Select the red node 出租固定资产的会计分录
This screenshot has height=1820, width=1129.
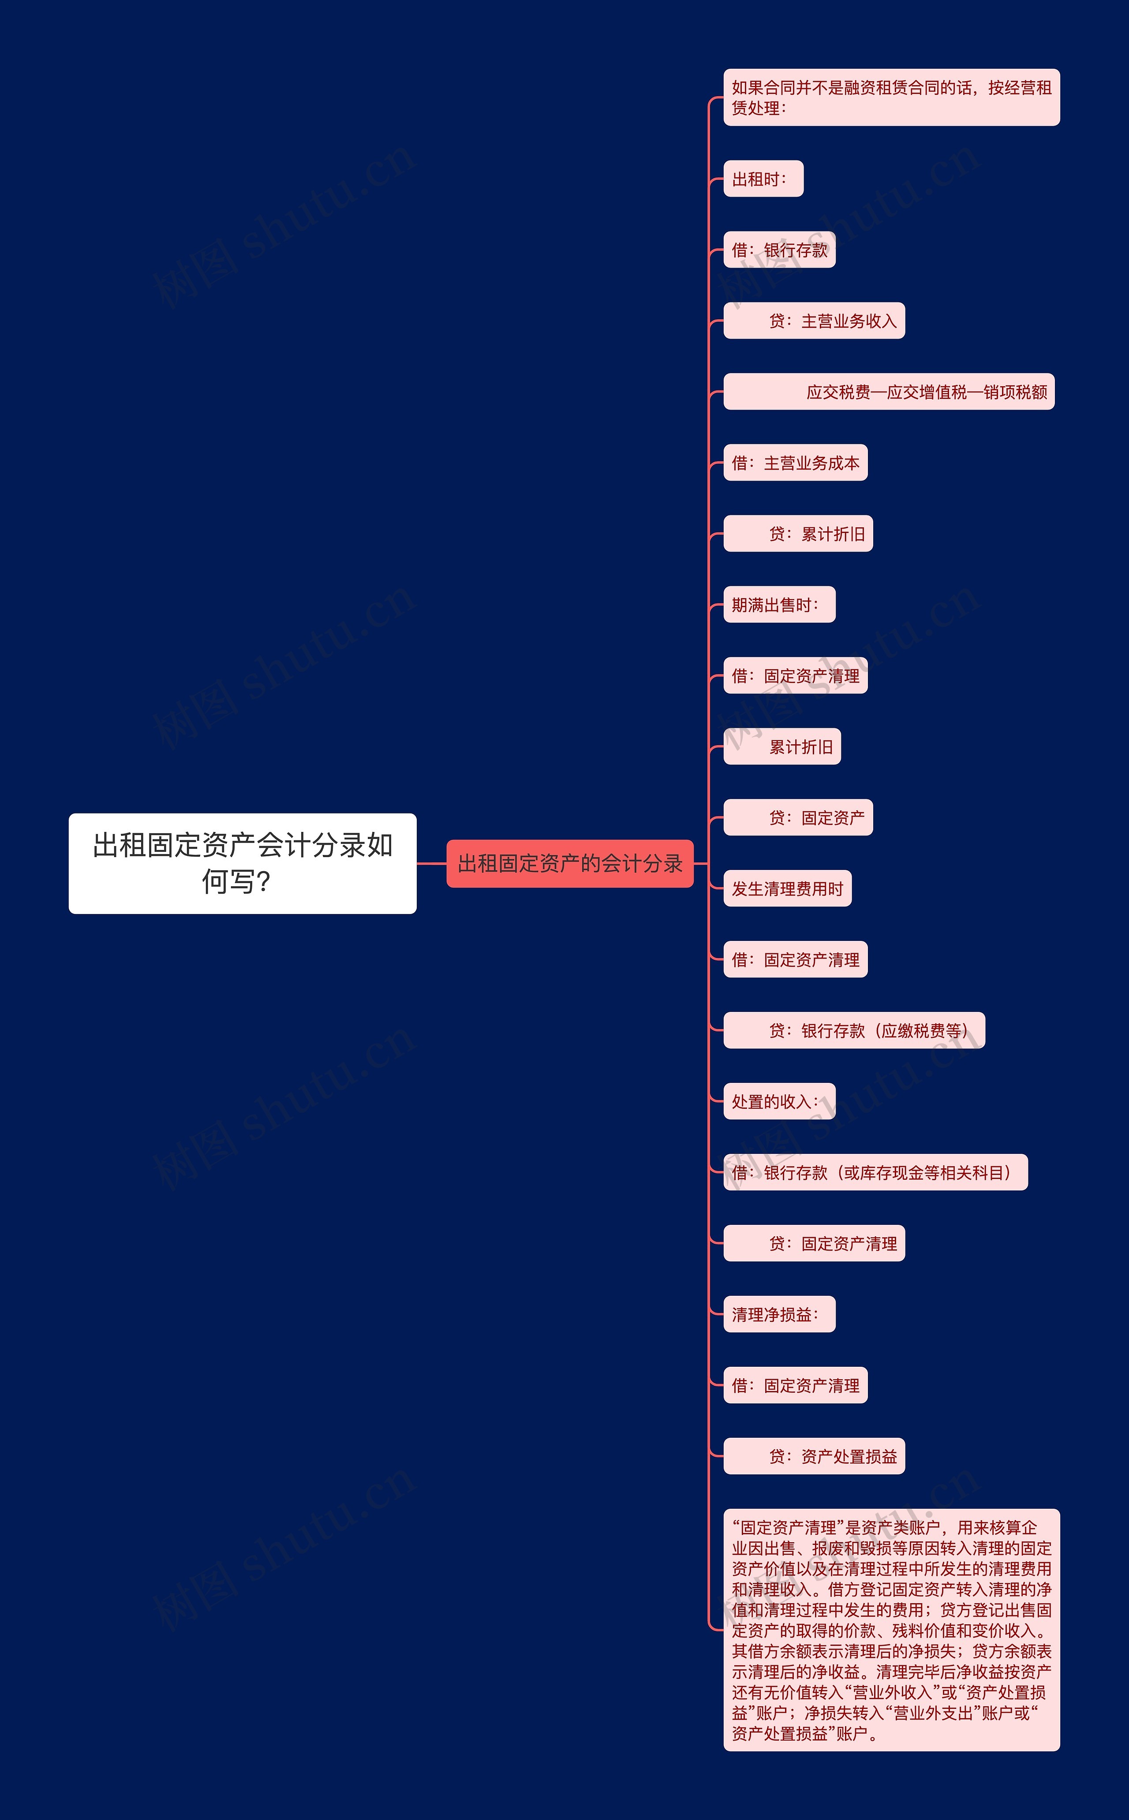(570, 864)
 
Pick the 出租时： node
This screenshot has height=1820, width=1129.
(763, 179)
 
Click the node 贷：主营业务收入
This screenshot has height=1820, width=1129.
(814, 321)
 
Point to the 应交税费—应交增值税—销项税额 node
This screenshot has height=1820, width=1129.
(889, 392)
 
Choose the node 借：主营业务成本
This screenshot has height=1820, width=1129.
(795, 463)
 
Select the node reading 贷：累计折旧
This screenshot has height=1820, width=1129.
(797, 534)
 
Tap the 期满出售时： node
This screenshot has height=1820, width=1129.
(779, 604)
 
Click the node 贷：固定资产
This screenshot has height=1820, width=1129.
(797, 817)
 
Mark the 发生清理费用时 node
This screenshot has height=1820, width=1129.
(787, 888)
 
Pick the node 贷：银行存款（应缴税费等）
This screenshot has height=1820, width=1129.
(853, 1031)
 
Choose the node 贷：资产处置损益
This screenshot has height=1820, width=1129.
(814, 1456)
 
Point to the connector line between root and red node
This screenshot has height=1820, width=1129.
(432, 864)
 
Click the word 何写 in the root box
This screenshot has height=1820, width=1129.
(228, 882)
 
